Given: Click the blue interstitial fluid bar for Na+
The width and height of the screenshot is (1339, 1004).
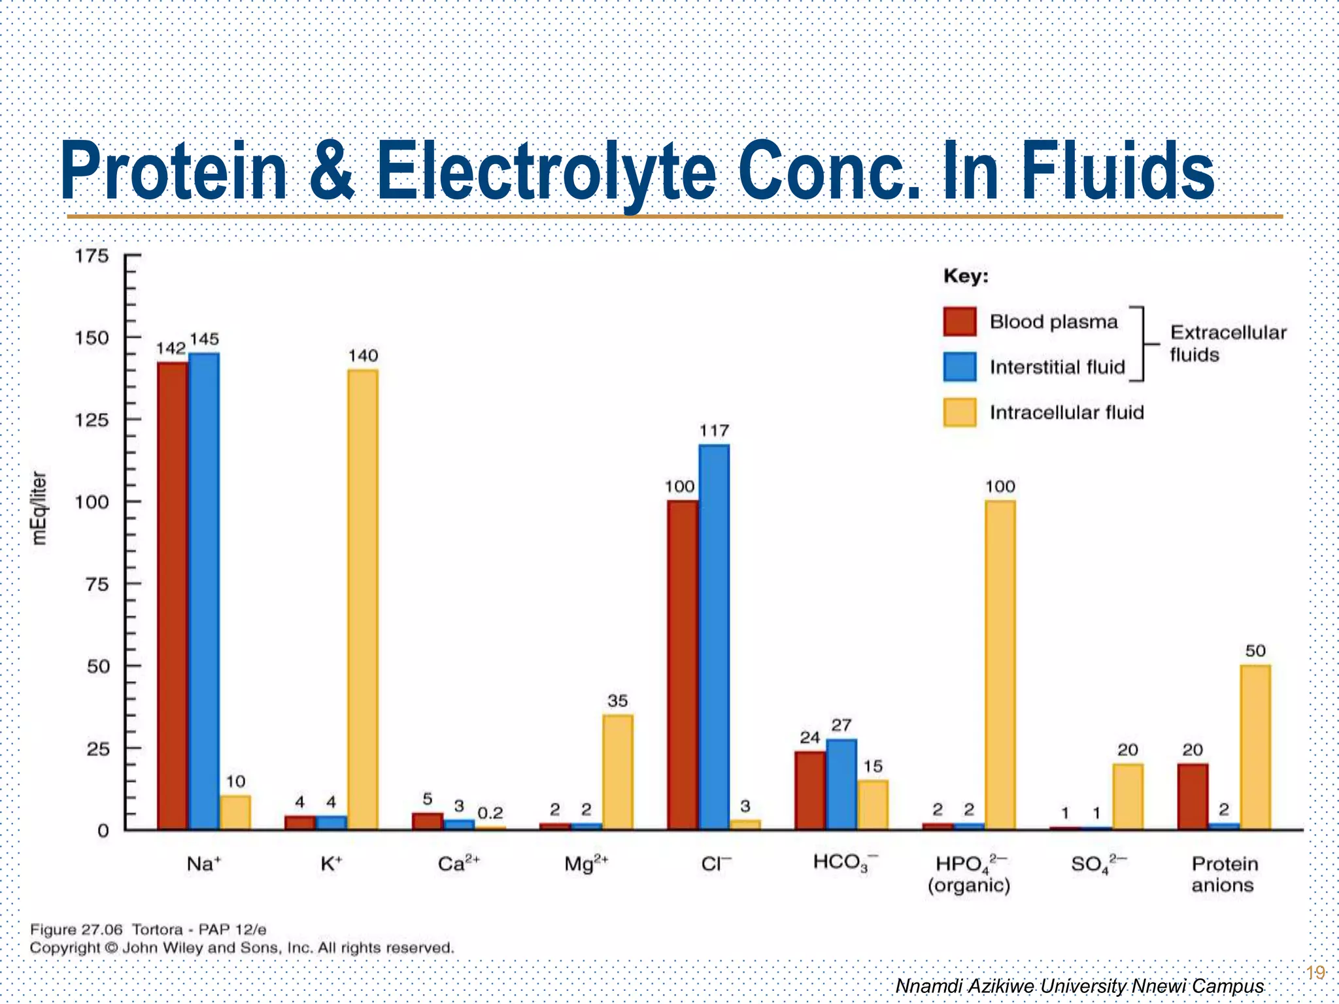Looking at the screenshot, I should [204, 588].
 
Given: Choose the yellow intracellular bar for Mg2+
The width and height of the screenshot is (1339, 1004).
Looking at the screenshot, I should [618, 771].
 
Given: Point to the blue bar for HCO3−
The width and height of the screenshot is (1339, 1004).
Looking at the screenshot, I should [841, 784].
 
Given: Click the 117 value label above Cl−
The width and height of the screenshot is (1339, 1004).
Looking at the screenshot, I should [714, 431].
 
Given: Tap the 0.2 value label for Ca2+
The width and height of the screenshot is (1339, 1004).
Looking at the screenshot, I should [490, 813].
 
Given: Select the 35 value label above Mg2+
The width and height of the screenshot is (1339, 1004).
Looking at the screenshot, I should [618, 701].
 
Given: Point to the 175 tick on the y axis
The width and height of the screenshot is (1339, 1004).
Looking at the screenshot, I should [92, 256].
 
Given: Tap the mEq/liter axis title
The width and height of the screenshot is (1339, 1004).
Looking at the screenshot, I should [40, 507].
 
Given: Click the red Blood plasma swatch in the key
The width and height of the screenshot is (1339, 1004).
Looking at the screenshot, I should [960, 322].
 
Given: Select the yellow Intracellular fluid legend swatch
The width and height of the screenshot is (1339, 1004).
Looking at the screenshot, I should [960, 412].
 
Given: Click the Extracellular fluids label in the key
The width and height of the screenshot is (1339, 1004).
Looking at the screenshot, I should [1227, 343].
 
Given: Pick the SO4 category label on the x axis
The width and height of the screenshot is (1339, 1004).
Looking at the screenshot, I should [1098, 864].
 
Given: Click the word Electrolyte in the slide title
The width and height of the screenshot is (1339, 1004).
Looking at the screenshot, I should [547, 171].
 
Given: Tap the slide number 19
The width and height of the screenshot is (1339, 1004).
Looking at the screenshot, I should [1315, 973].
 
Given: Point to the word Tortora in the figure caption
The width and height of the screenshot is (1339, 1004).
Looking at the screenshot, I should [157, 929].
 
